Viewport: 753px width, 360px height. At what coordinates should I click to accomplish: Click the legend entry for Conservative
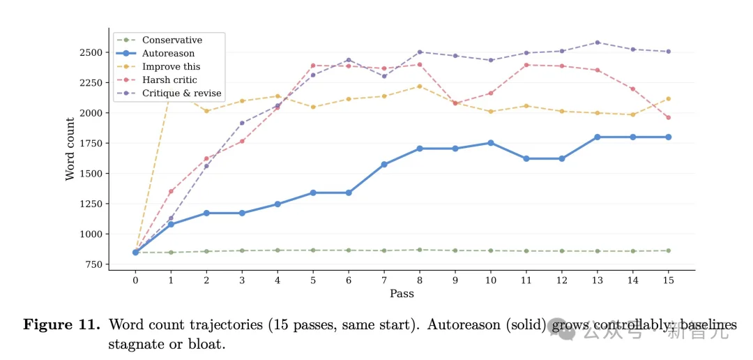172,40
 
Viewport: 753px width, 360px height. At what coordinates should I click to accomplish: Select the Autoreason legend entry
168,54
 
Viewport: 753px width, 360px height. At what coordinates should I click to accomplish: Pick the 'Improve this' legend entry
171,67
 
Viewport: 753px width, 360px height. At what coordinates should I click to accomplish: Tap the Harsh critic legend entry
169,80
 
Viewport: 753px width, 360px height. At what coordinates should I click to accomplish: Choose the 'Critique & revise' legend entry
181,93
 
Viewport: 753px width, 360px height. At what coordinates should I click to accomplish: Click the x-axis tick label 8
419,280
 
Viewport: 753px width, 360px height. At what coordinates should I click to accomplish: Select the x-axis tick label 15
667,280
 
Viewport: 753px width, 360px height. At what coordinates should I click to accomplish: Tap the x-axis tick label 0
135,280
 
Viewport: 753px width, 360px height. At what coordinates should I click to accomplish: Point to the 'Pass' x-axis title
402,294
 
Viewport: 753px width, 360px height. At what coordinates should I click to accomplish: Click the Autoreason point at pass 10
491,142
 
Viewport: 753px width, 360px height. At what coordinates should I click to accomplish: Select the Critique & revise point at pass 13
597,43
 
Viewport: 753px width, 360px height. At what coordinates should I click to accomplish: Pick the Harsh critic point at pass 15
668,117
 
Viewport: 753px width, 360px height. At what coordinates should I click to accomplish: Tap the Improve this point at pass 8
420,86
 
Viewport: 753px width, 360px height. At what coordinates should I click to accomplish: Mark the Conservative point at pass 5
313,250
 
